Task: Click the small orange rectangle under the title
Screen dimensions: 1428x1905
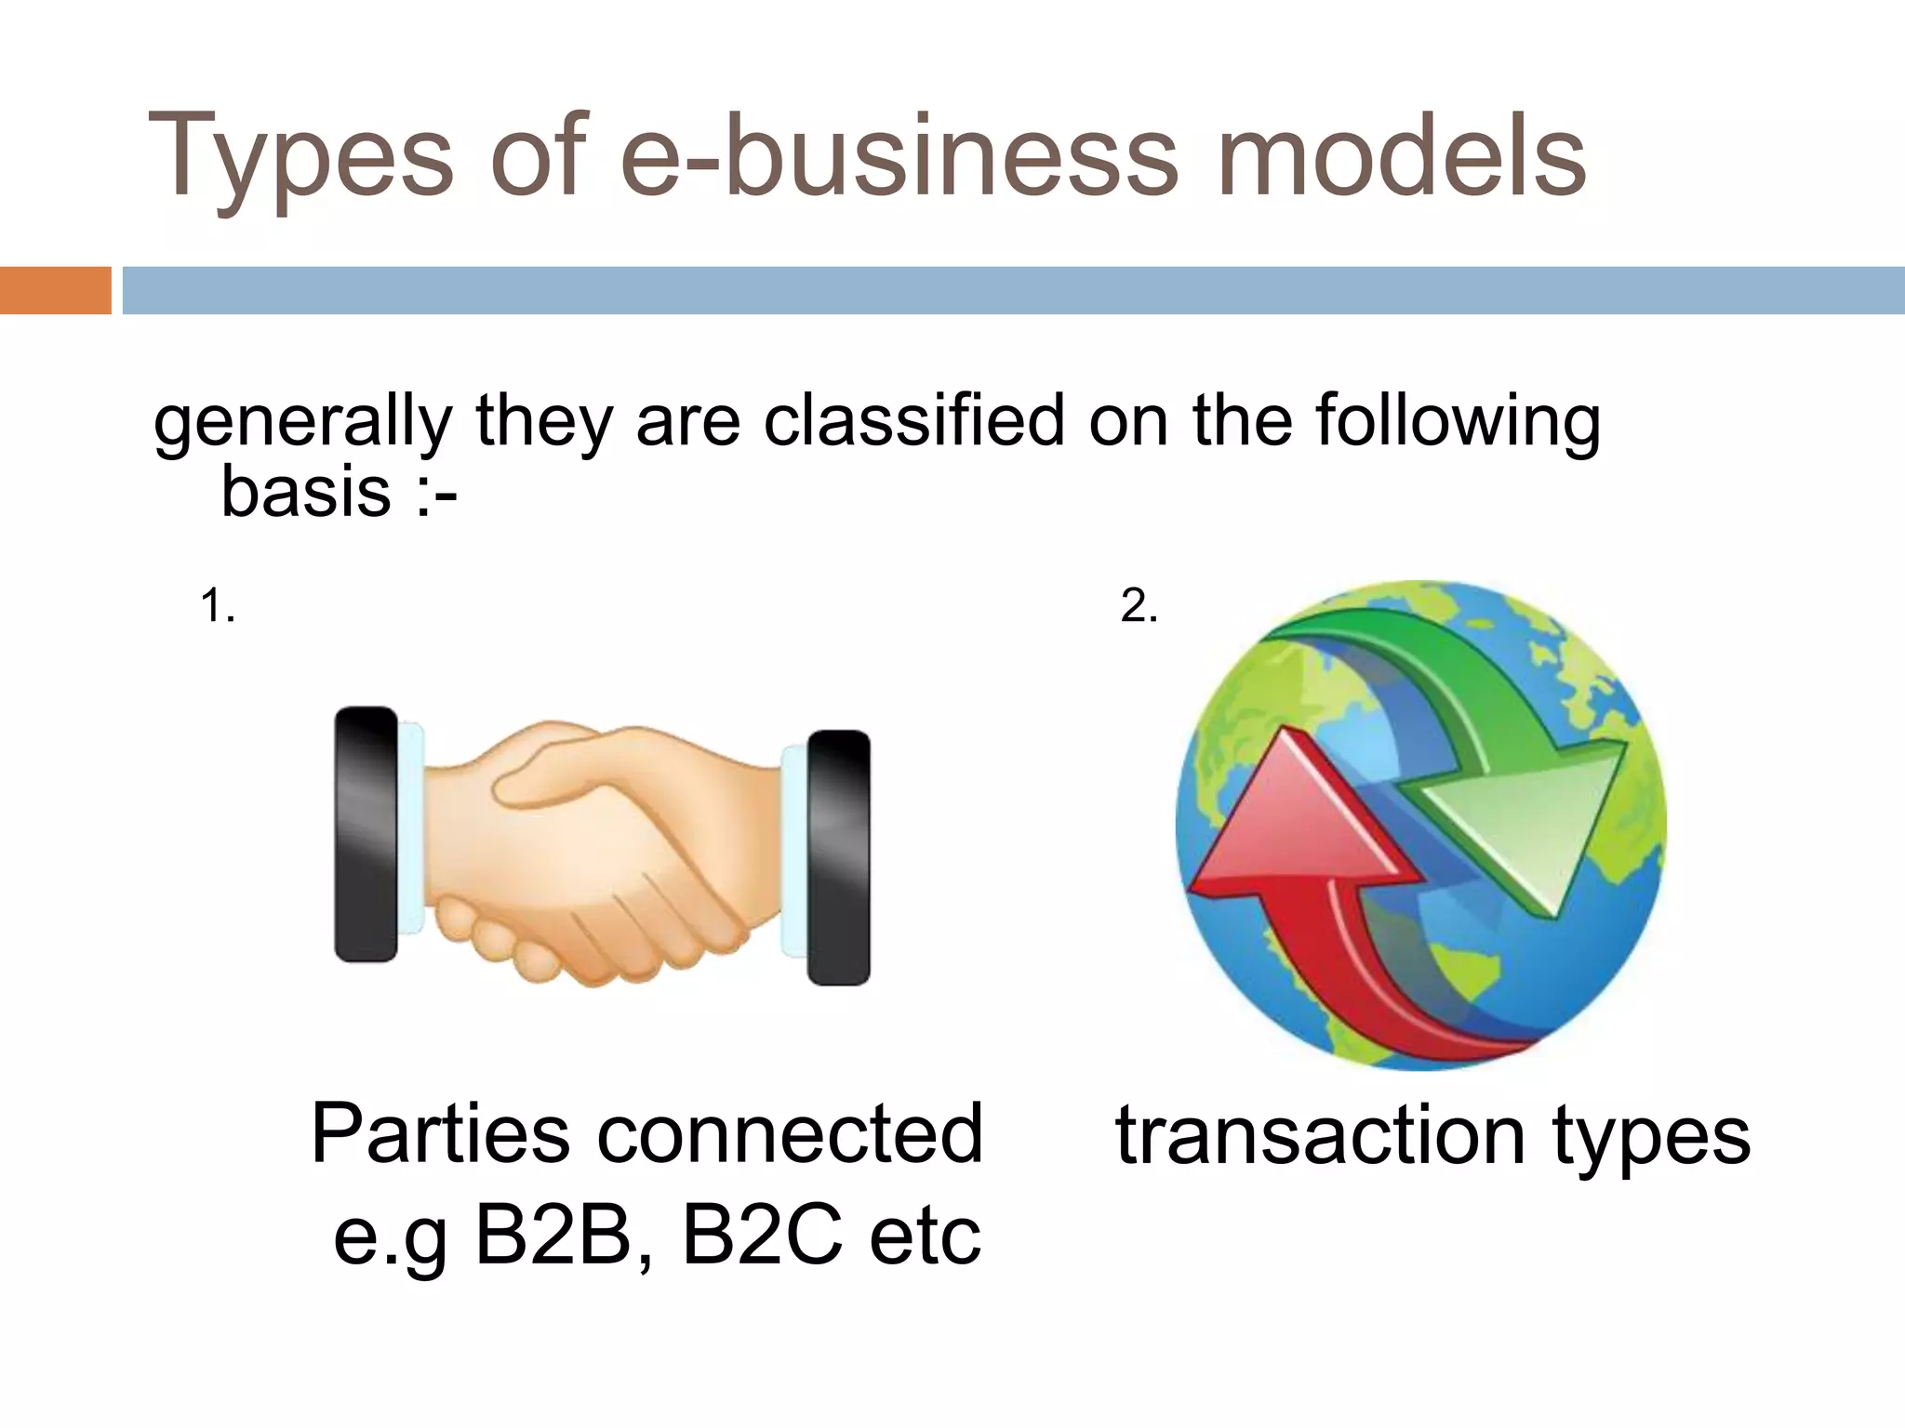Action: point(55,290)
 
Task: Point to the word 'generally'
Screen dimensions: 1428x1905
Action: point(303,424)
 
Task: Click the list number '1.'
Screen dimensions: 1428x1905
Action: point(218,606)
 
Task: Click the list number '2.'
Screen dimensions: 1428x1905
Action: point(1139,606)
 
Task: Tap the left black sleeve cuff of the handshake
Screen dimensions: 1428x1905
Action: point(366,834)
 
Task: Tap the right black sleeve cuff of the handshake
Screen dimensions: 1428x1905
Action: point(839,857)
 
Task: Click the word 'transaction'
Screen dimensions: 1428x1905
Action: point(1321,1135)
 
